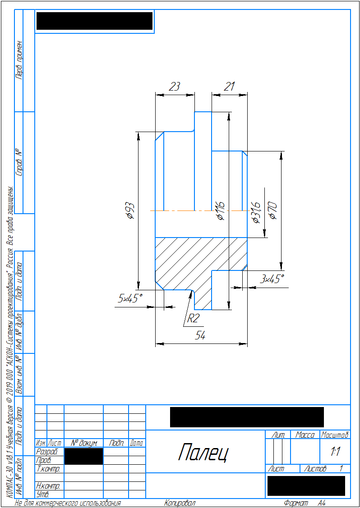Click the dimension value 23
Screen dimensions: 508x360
coord(174,87)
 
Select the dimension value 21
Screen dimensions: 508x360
coord(230,87)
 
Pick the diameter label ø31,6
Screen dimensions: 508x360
coord(256,212)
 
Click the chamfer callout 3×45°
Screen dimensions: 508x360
coord(272,279)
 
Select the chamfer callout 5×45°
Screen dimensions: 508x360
coord(130,298)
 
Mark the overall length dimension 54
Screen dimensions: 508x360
coord(200,335)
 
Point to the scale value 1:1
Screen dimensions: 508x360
coord(335,451)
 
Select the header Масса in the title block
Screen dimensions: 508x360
coord(305,435)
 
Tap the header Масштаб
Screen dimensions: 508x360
coord(335,435)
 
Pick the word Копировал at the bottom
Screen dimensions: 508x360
coord(180,503)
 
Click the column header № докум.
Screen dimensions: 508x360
coord(84,444)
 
